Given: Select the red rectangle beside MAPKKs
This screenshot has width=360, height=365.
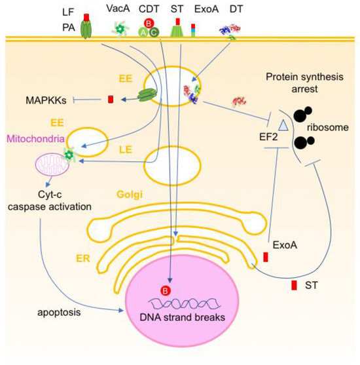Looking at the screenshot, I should click(111, 100).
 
